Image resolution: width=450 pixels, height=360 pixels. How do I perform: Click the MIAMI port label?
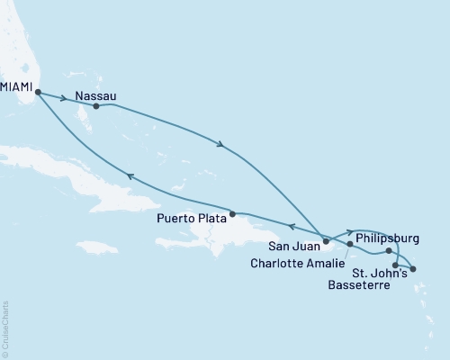click(x=17, y=88)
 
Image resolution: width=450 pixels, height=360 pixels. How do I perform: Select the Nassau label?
click(x=95, y=94)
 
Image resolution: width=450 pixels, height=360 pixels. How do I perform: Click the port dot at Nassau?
click(x=95, y=106)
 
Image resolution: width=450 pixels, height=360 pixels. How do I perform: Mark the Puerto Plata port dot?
click(x=232, y=214)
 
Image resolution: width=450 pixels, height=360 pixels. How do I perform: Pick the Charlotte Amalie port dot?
click(x=350, y=244)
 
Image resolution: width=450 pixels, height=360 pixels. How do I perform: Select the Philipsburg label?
click(x=388, y=238)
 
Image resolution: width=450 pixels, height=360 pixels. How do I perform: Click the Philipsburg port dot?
click(x=389, y=251)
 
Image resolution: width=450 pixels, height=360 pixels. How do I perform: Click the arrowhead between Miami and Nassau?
click(x=67, y=97)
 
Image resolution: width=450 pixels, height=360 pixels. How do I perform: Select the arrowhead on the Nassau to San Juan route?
click(x=220, y=142)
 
